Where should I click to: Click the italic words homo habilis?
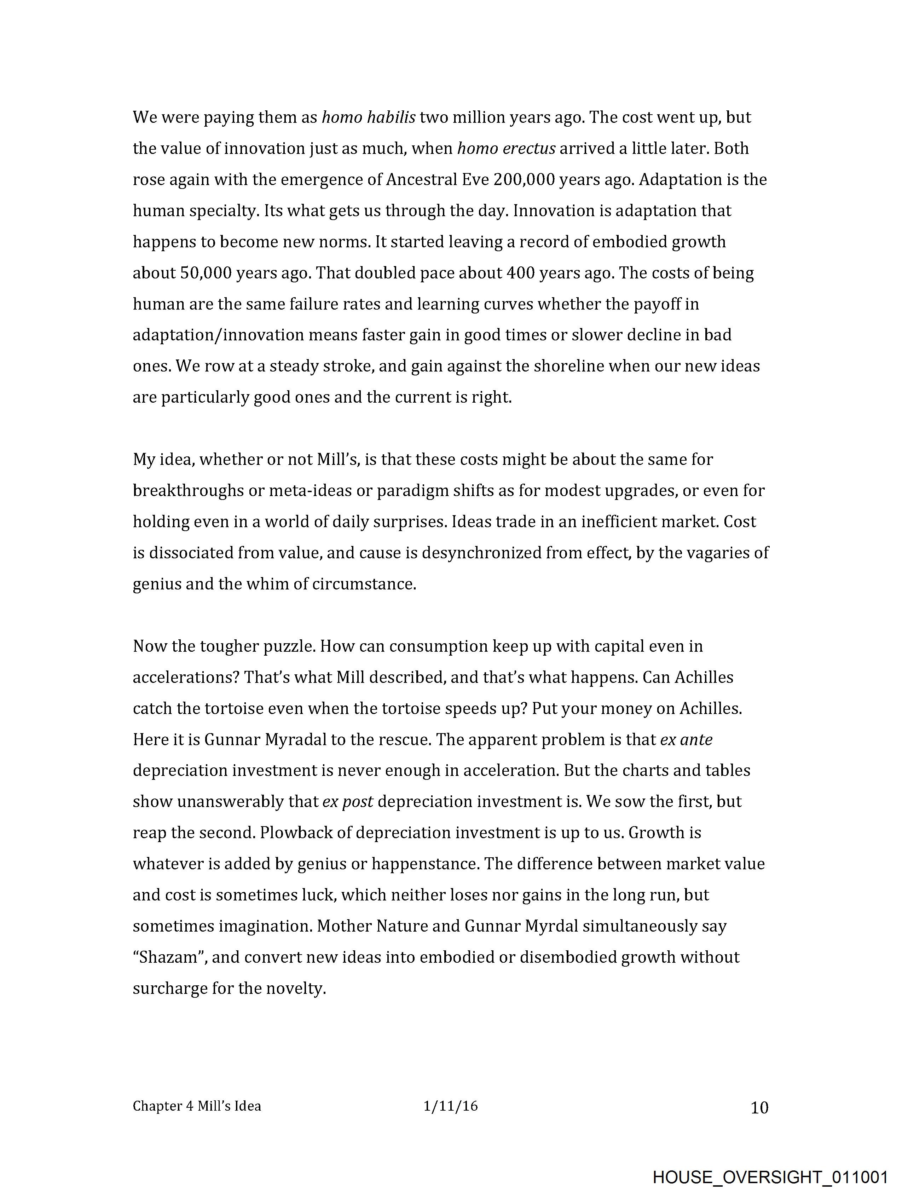pos(369,117)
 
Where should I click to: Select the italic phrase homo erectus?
pos(506,148)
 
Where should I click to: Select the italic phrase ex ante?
pos(686,739)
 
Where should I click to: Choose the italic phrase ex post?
pos(348,801)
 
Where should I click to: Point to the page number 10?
pos(759,1107)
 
